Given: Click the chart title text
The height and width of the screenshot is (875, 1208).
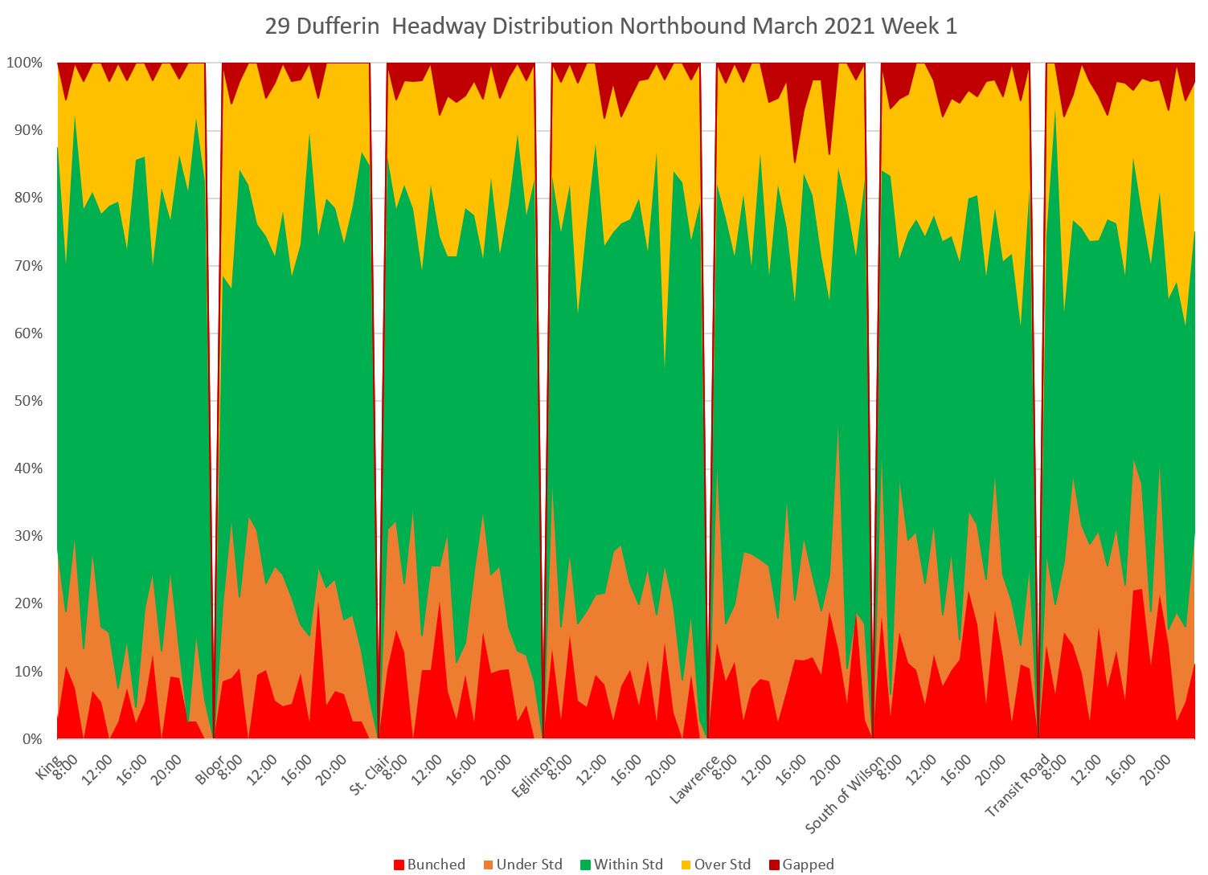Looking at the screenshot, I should pos(611,27).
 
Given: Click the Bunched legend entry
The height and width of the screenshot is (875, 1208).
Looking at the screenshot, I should pos(429,865).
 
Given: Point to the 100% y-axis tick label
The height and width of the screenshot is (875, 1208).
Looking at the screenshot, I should pos(27,63).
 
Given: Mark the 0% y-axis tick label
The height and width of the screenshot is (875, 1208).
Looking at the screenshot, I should pos(33,739).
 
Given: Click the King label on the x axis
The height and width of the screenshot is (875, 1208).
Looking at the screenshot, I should pos(47,767).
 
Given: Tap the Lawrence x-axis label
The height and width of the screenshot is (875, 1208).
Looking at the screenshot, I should pos(691,777).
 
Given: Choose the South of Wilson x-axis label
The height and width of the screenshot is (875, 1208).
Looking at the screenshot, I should pos(845,792).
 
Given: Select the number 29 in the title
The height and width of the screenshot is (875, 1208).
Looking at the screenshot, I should pos(276,27).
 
